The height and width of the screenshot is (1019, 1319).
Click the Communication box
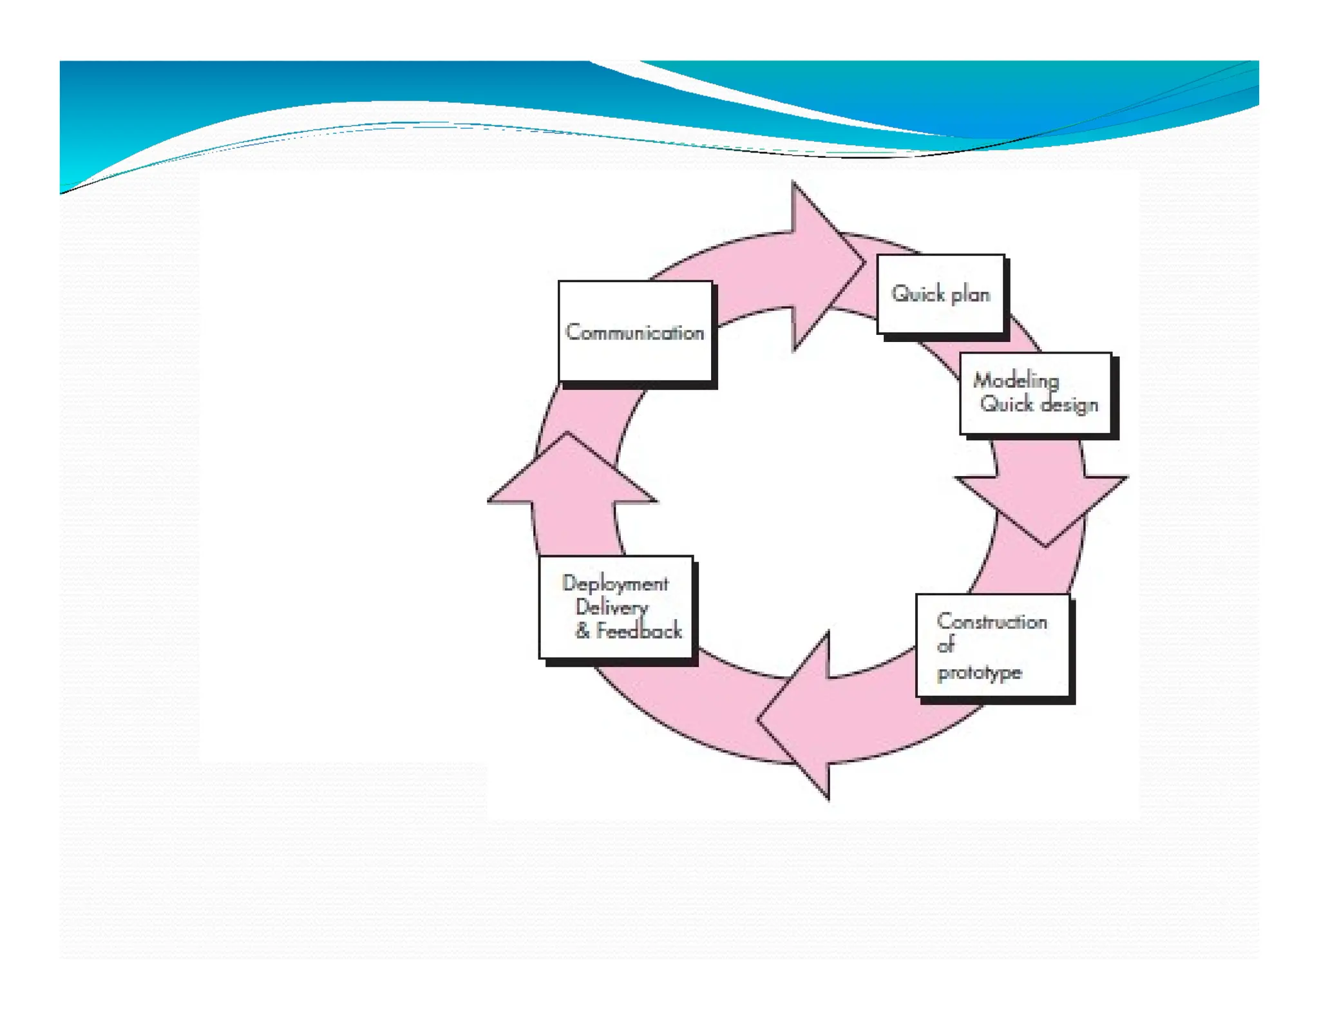tap(635, 331)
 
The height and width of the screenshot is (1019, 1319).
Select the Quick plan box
tap(940, 294)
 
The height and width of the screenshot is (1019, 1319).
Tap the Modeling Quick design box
tap(1036, 393)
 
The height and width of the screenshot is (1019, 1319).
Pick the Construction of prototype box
tap(992, 645)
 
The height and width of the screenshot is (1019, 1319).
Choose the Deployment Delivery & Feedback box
tap(616, 607)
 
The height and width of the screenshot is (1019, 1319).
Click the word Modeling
tap(1016, 380)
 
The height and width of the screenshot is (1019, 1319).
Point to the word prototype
tap(979, 672)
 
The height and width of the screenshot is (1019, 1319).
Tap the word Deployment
tap(615, 584)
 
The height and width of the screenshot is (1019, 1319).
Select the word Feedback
tap(638, 631)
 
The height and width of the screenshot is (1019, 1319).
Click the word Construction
tap(992, 622)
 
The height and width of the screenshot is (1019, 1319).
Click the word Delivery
tap(612, 607)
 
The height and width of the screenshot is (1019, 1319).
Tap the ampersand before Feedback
tap(582, 631)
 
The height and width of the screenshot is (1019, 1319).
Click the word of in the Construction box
tap(945, 645)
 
